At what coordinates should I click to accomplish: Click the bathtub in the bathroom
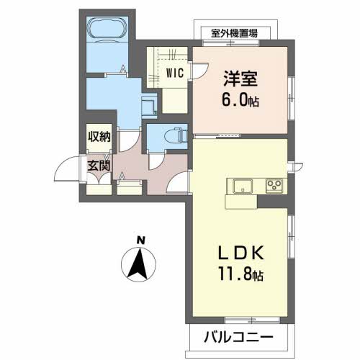[x=107, y=30]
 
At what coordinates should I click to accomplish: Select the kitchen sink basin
[x=240, y=184]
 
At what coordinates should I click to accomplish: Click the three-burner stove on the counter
[x=274, y=184]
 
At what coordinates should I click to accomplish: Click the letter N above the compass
[x=142, y=240]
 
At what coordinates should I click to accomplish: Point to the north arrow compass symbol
[x=140, y=264]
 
